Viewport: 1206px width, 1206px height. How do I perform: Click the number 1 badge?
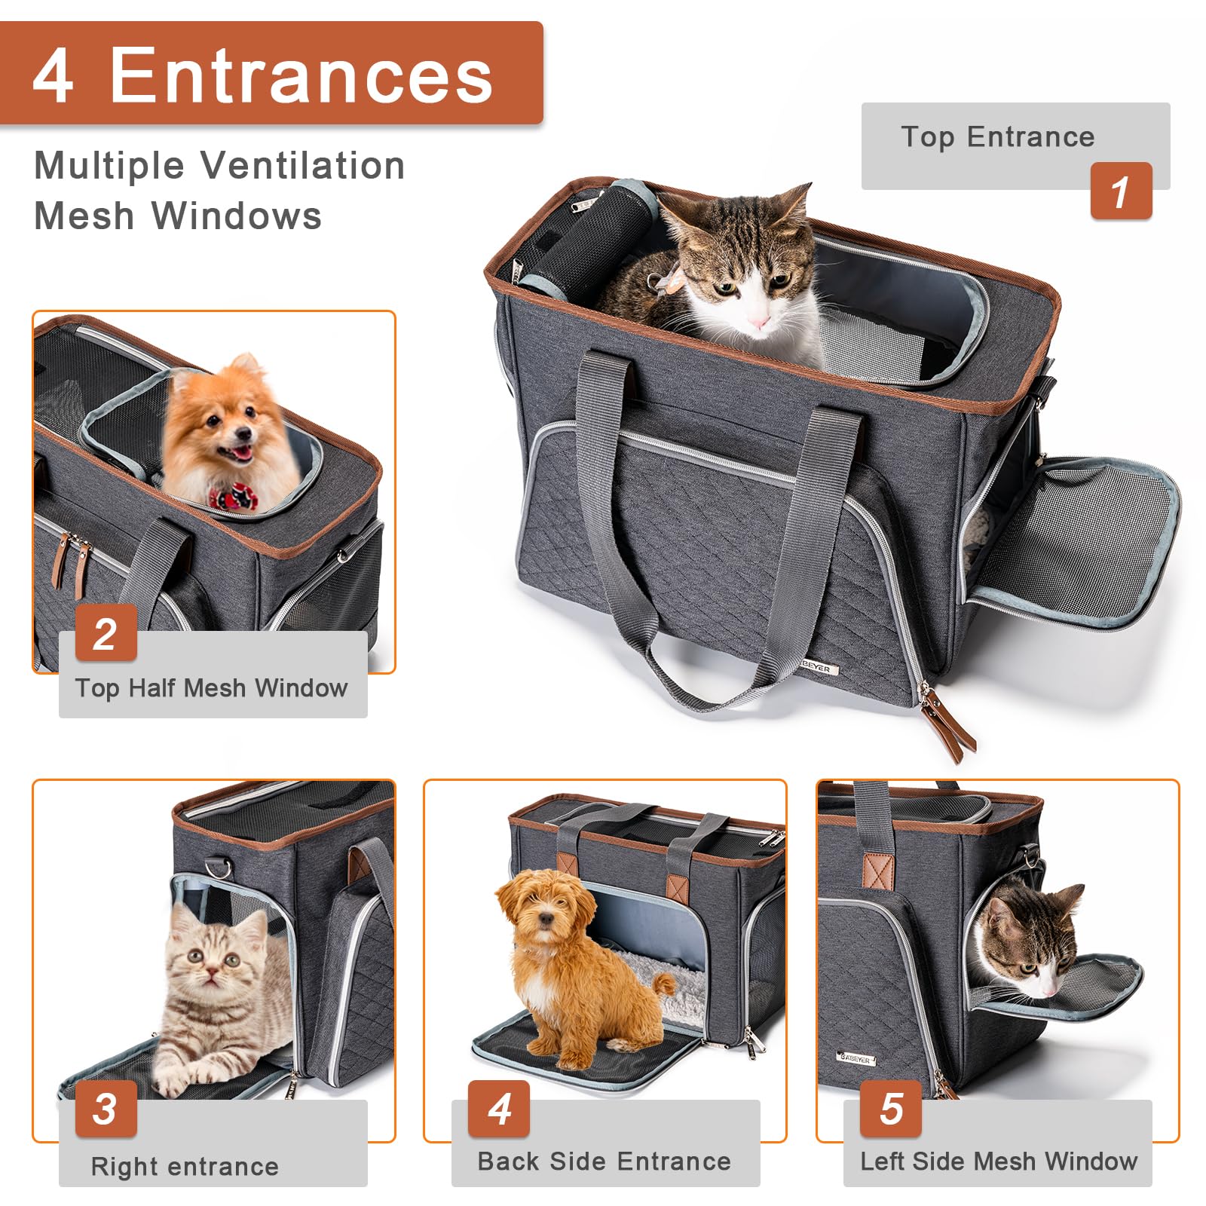[x=1121, y=191]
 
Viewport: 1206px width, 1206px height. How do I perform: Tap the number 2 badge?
[x=106, y=633]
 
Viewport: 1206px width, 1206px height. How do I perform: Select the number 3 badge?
[x=106, y=1109]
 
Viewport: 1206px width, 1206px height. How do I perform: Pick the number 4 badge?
[x=499, y=1109]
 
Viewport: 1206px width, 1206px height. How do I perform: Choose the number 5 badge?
[x=891, y=1109]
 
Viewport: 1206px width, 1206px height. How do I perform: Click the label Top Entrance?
[x=997, y=137]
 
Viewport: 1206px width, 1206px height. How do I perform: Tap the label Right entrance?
[x=185, y=1166]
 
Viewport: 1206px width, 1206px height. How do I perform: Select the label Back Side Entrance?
[x=604, y=1161]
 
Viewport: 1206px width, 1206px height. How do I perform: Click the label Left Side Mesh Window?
[x=998, y=1161]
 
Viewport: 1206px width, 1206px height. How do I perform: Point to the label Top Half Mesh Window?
[x=211, y=687]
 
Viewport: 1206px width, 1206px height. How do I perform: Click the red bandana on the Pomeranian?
[x=233, y=497]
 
